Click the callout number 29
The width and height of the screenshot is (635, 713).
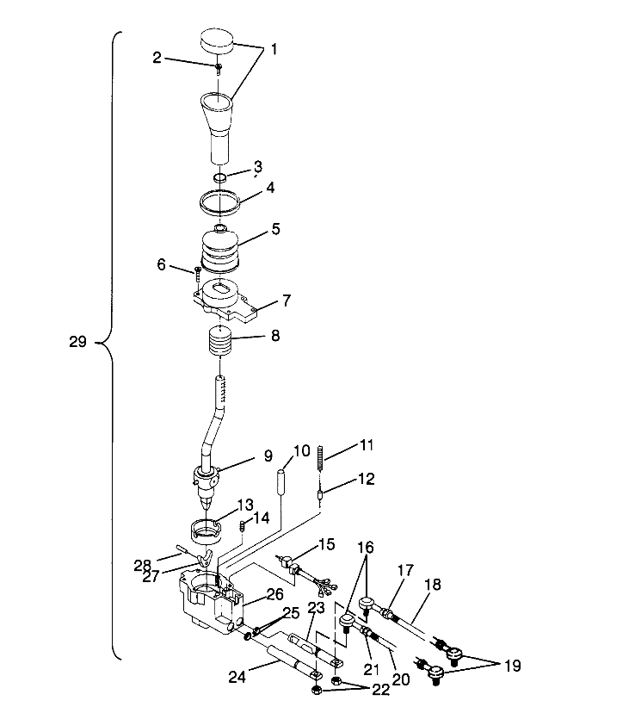click(77, 342)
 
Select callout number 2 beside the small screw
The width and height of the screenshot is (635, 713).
click(157, 58)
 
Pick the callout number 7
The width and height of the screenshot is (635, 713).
click(287, 301)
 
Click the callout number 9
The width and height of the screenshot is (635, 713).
click(268, 455)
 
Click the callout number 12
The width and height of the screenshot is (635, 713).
click(367, 478)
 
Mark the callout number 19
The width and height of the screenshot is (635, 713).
click(512, 666)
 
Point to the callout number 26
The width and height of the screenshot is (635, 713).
click(274, 593)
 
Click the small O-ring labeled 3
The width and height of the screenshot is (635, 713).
click(219, 177)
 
